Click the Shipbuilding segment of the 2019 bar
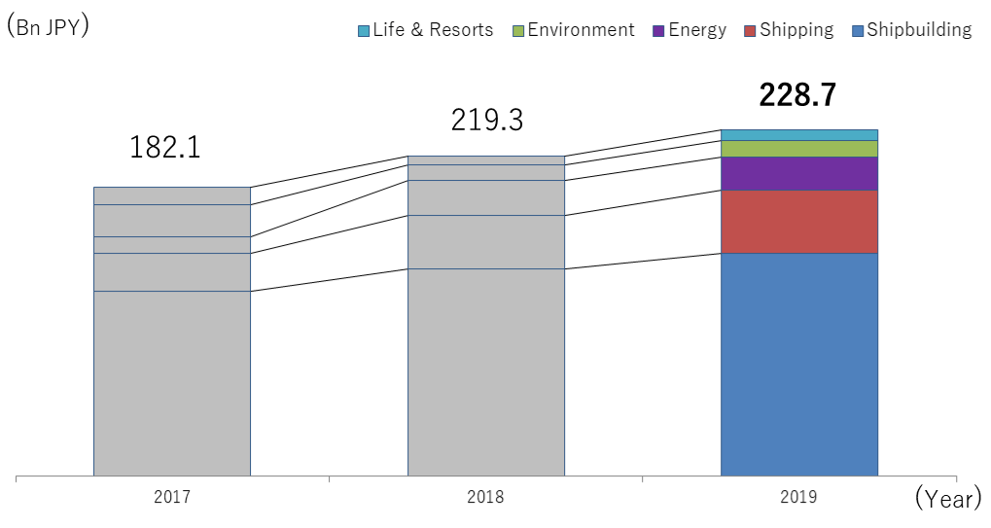coord(798,365)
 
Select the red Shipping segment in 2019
coord(798,221)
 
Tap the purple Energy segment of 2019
coord(798,173)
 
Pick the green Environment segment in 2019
coord(798,149)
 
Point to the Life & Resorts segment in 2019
coord(798,135)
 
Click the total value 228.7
coord(797,95)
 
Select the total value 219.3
coord(486,121)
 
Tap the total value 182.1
coord(164,148)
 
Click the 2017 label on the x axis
coord(172,497)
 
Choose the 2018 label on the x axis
coord(485,497)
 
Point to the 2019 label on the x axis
coord(798,497)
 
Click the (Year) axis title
coord(948,500)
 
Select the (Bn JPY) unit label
coord(49,26)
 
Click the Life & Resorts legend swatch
coord(364,31)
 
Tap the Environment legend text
coord(581,30)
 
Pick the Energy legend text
coord(697,30)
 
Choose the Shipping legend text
coord(796,30)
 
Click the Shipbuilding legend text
coord(919,30)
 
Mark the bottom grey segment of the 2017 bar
coord(172,383)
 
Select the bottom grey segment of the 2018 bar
coord(485,372)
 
